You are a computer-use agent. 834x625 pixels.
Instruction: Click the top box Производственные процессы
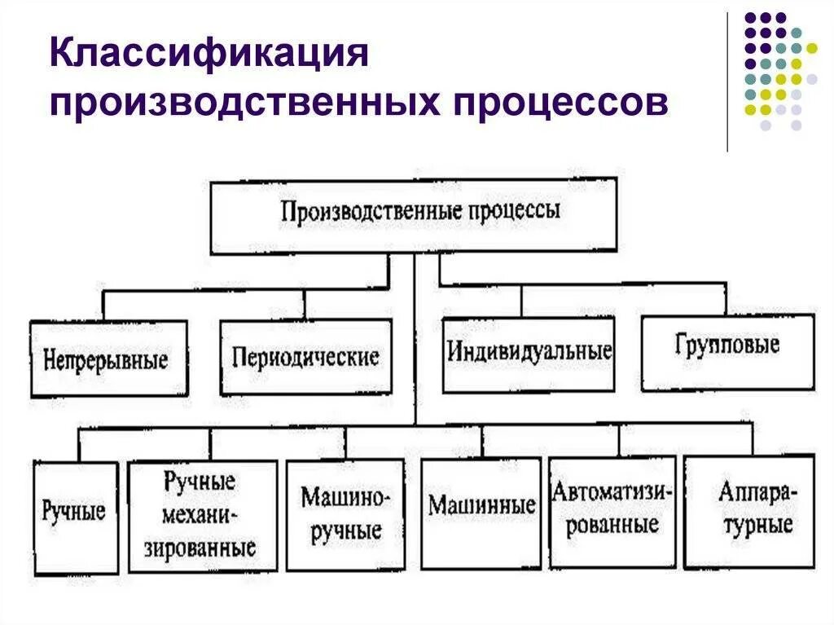414,215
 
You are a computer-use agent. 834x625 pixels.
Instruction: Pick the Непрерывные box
108,359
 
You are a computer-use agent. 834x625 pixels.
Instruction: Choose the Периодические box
305,357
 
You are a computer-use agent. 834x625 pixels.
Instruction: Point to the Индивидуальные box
529,353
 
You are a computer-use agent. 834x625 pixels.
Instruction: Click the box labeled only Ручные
74,513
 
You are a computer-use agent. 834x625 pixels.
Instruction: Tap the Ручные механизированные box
200,514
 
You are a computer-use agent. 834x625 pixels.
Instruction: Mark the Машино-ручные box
345,514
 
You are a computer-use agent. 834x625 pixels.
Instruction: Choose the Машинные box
481,506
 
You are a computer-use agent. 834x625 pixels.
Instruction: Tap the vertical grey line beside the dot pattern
726,81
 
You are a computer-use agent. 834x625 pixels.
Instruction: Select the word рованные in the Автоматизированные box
612,523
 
